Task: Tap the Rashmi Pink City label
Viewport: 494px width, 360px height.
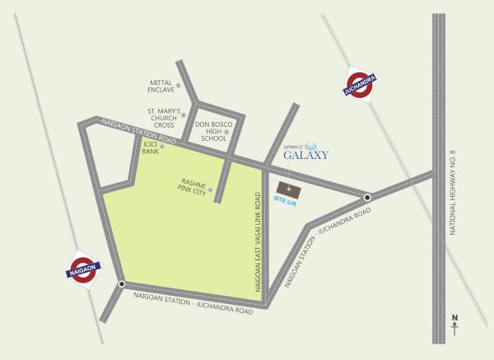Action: [x=193, y=186]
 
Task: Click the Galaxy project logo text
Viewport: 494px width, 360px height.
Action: [x=305, y=153]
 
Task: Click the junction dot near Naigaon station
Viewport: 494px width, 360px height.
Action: [x=122, y=284]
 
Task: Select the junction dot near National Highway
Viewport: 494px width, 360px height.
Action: [x=367, y=197]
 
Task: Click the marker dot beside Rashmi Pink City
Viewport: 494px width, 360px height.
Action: [x=211, y=190]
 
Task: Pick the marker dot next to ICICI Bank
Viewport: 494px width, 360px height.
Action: [x=163, y=147]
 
